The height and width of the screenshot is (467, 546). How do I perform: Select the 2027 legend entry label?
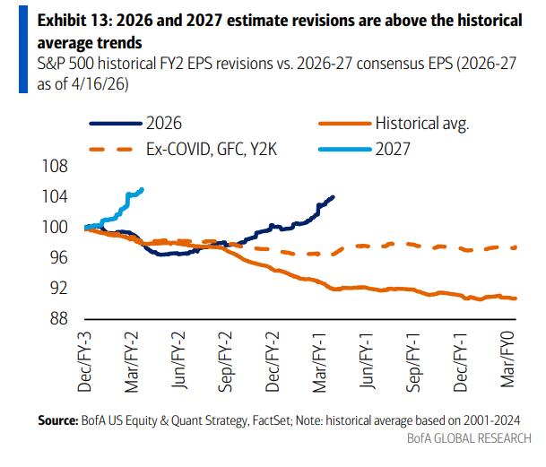[393, 149]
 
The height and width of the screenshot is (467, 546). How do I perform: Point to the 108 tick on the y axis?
[57, 167]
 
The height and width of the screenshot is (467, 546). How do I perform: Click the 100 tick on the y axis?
[57, 228]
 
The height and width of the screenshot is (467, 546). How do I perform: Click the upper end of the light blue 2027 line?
[143, 189]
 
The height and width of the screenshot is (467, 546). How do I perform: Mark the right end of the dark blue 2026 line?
[334, 197]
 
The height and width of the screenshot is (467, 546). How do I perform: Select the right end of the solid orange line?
[516, 298]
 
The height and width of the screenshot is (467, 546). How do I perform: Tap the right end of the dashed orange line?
[516, 247]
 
